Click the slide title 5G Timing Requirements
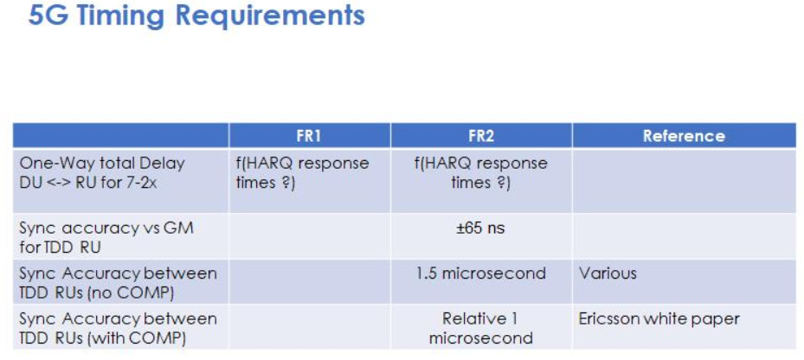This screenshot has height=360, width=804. point(196,16)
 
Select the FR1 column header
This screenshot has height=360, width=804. point(309,136)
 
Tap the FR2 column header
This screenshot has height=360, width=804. point(481,136)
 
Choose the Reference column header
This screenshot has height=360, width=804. point(684,136)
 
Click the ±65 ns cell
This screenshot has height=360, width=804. point(480,228)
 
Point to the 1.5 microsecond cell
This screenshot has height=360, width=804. point(480,273)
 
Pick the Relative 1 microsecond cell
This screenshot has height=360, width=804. point(480,328)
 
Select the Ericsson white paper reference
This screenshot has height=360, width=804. point(659,319)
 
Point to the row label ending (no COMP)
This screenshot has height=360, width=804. point(118,282)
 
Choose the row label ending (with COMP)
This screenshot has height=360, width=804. point(118,328)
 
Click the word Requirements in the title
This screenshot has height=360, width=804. point(270,16)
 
